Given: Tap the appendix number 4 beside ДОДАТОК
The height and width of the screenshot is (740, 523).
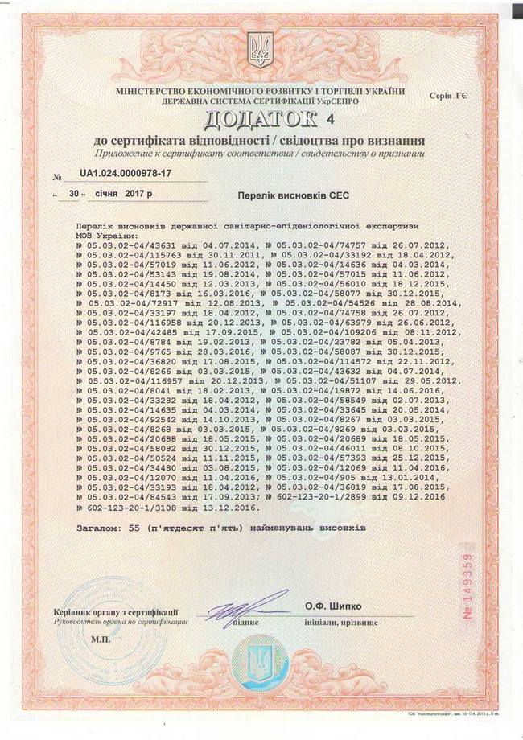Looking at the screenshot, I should (328, 120).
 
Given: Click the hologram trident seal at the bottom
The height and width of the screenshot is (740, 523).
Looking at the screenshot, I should (259, 664).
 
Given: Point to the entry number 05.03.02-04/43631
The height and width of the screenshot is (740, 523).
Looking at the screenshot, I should (123, 245).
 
